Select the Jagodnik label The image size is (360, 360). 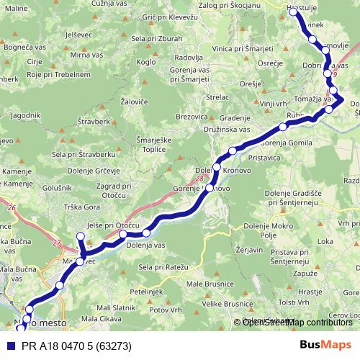click(24, 114)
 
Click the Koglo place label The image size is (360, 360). click(146, 81)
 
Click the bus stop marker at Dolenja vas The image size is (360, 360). click(146, 232)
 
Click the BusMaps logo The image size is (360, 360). click(325, 346)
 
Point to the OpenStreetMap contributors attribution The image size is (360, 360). click(297, 323)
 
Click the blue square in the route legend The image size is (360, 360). click(10, 346)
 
